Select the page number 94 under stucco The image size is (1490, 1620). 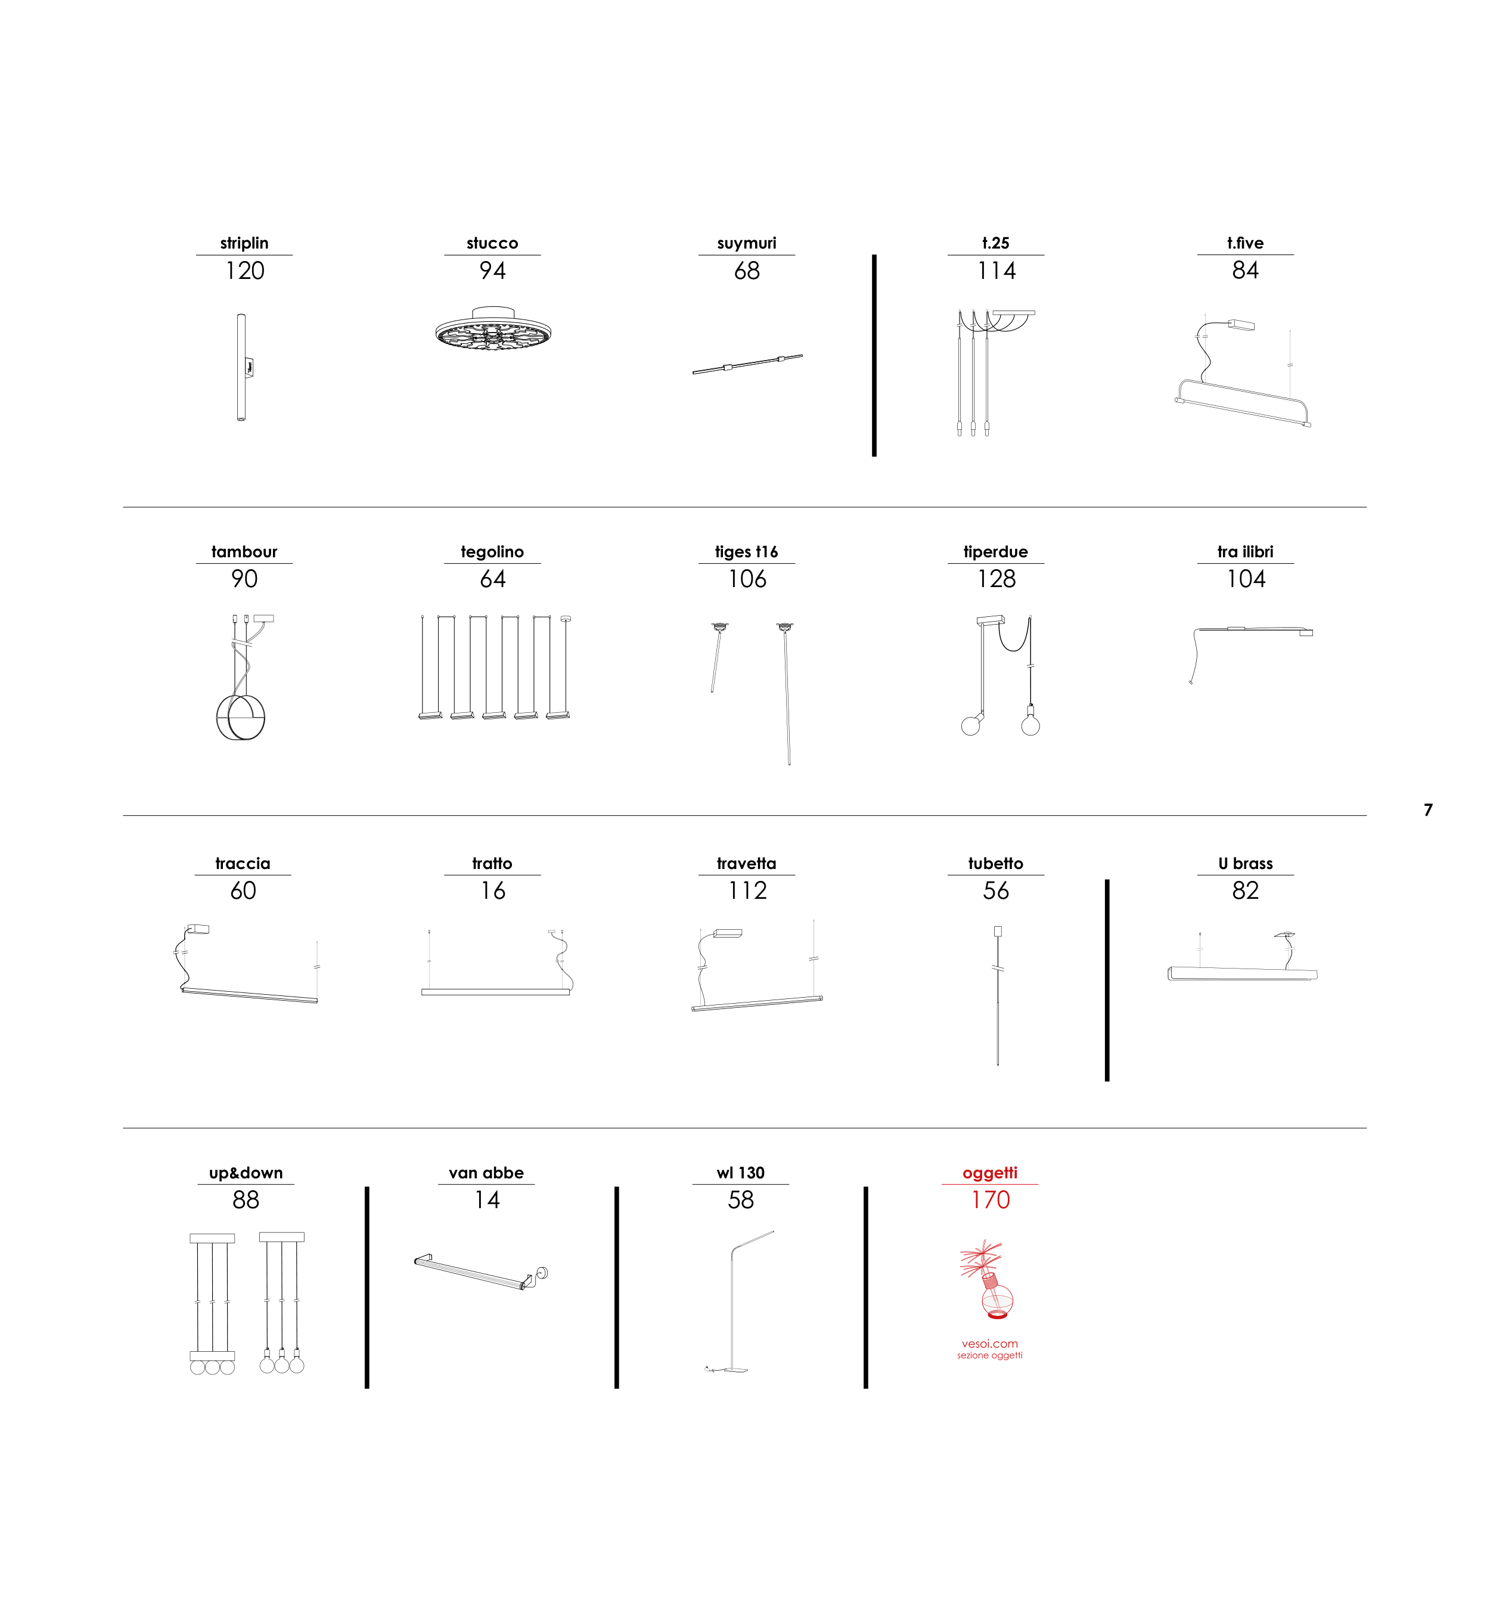point(493,271)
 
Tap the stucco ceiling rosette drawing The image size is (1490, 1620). point(493,328)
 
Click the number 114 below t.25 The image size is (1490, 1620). point(997,271)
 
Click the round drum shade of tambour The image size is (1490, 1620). point(240,718)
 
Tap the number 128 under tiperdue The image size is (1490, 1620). point(997,579)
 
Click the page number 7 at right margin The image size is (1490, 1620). point(1428,809)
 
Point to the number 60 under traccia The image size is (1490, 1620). point(244,891)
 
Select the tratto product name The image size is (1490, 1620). point(493,864)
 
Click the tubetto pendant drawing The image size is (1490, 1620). point(998,996)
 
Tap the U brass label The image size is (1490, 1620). point(1246,864)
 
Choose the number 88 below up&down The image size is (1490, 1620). point(246,1200)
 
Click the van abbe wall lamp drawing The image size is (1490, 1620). point(482,1272)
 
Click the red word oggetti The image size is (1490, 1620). point(990,1173)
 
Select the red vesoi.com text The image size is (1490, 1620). point(990,1343)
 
